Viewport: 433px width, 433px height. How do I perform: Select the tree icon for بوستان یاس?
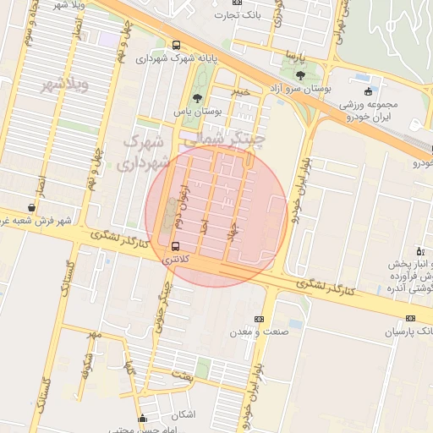click(197, 97)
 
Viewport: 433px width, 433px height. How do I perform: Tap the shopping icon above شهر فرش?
click(31, 207)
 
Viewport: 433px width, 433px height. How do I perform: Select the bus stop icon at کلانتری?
click(176, 246)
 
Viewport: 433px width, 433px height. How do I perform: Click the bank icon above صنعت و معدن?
click(259, 319)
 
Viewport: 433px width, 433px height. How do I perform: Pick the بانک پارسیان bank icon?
click(411, 318)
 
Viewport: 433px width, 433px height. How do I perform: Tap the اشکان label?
click(182, 414)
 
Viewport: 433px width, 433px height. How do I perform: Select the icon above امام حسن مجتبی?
click(142, 417)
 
